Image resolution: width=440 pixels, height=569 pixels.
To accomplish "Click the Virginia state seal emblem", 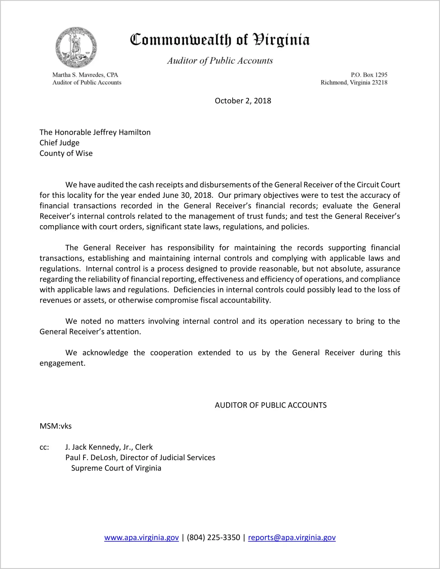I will [76, 47].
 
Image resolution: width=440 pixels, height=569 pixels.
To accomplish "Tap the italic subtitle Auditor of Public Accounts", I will [220, 61].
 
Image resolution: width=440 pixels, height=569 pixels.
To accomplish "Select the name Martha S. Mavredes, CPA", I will [85, 75].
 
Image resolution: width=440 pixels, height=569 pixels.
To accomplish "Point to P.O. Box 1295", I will [369, 75].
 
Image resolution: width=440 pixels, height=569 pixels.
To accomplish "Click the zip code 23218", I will [380, 83].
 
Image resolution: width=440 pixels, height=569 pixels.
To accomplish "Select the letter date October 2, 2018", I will [243, 101].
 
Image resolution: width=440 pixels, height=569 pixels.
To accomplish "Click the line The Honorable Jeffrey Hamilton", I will [95, 132].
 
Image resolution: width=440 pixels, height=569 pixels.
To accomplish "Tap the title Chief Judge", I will [59, 143].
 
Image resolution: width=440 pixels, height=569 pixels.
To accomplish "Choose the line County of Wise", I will [66, 154].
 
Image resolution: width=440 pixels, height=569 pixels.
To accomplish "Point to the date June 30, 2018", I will [187, 195].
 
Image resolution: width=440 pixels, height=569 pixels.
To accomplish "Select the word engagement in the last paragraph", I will [62, 363].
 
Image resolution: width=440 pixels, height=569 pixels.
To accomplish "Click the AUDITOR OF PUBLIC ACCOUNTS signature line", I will [270, 405].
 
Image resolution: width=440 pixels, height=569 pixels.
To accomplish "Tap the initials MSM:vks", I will [55, 426].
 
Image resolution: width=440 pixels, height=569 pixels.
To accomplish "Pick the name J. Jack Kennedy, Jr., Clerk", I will [109, 447].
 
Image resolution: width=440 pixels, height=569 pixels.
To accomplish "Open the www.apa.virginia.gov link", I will [141, 537].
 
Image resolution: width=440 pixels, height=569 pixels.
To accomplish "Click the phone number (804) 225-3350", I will [213, 537].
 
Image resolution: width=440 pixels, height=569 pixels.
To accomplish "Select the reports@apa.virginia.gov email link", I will [292, 537].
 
